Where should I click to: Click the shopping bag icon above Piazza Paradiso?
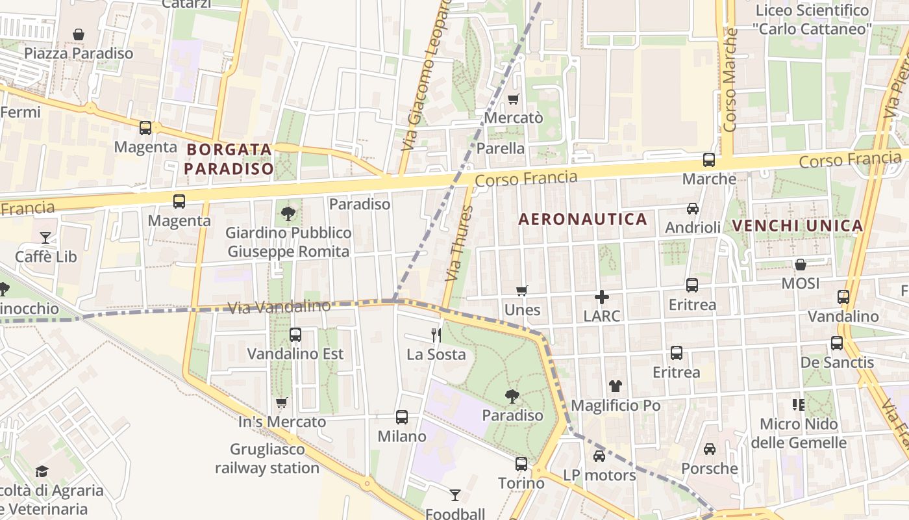click(x=79, y=34)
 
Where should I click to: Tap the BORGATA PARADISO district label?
click(x=229, y=159)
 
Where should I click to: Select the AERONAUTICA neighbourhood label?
click(x=582, y=220)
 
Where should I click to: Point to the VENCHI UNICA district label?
click(x=797, y=226)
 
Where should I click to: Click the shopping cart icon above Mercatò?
click(x=513, y=99)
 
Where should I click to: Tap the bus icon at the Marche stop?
click(x=709, y=160)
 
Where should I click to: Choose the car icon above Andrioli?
click(x=693, y=209)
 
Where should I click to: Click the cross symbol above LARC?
click(x=602, y=297)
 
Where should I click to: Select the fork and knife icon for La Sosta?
click(x=436, y=335)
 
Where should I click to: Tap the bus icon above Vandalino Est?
click(x=295, y=335)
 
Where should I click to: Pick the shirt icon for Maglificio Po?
click(x=616, y=386)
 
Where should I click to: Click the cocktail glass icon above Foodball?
click(x=455, y=495)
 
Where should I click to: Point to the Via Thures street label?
click(x=458, y=244)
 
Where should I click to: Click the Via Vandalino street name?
click(x=280, y=307)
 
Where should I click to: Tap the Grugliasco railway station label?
click(x=267, y=458)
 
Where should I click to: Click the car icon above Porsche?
click(x=710, y=449)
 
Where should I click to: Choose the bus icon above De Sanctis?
click(x=837, y=343)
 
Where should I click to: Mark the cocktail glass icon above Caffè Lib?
click(x=45, y=238)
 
